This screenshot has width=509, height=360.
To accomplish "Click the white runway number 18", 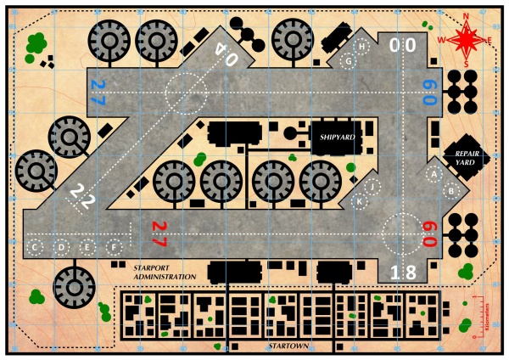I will pos(402,273).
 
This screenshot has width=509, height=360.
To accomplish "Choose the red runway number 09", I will pos(430,233).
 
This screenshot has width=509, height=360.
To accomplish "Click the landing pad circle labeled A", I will pos(434,173).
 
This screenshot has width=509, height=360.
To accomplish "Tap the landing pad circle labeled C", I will pos(36,247).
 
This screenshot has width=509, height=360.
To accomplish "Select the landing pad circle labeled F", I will pos(114,247).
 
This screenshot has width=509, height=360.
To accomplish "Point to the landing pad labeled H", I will pos(361,46).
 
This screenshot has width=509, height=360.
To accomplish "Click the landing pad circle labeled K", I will pos(360,201).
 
